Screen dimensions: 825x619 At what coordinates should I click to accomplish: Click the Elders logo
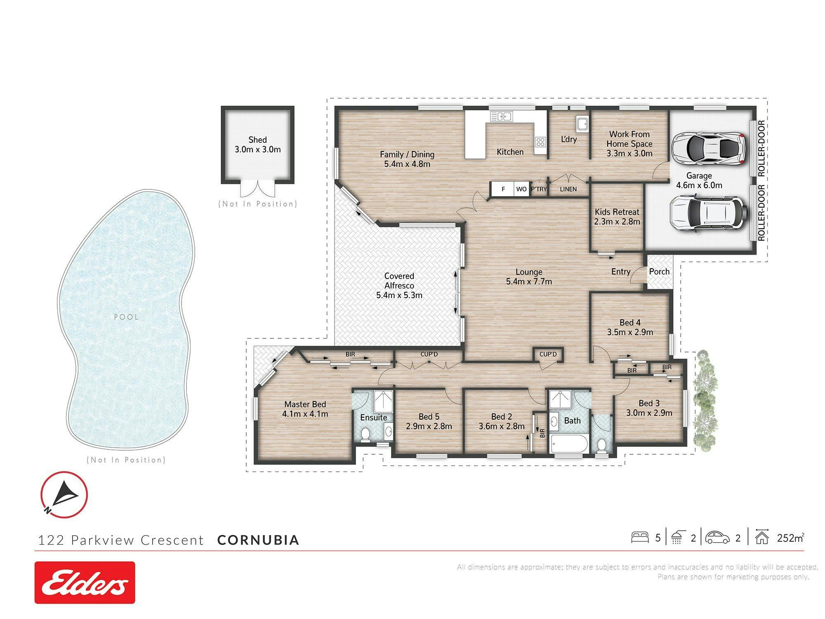click(x=85, y=582)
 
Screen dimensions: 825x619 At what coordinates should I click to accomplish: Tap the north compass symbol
click(x=64, y=494)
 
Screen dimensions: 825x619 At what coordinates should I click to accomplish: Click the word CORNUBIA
click(x=258, y=540)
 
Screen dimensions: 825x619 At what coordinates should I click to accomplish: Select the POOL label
click(x=126, y=317)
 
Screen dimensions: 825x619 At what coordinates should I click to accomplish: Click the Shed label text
click(x=258, y=140)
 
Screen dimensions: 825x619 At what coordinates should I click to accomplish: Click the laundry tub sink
click(x=582, y=124)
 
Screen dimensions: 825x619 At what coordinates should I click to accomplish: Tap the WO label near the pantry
click(x=521, y=189)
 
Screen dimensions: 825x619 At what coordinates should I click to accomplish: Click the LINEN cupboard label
click(x=568, y=189)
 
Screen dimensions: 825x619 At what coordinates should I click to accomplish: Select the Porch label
click(x=659, y=272)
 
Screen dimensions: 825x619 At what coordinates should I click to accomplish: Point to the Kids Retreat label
click(x=617, y=212)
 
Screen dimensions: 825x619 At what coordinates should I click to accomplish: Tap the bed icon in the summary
click(x=640, y=537)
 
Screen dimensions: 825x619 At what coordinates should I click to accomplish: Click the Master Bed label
click(x=305, y=404)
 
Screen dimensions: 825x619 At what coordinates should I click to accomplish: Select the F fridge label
click(x=503, y=189)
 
